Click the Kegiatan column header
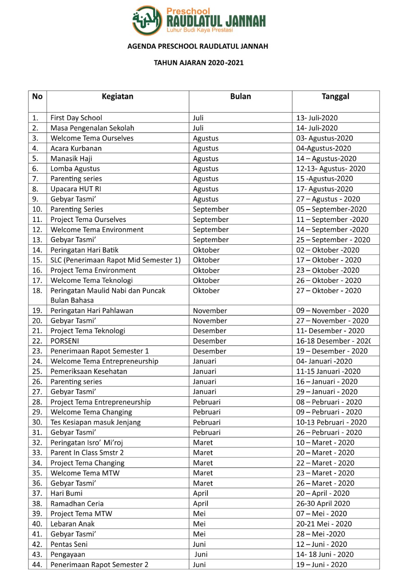tap(117, 96)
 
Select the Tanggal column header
tap(335, 96)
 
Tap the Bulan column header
tap(240, 96)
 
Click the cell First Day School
tap(76, 118)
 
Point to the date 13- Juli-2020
tap(316, 118)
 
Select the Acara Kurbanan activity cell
tap(76, 148)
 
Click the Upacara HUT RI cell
tap(75, 189)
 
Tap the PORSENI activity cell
tap(65, 341)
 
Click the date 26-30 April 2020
tap(323, 504)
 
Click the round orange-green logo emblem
tap(147, 20)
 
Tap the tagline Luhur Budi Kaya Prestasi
tap(199, 30)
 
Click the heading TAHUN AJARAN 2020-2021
tap(199, 63)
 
